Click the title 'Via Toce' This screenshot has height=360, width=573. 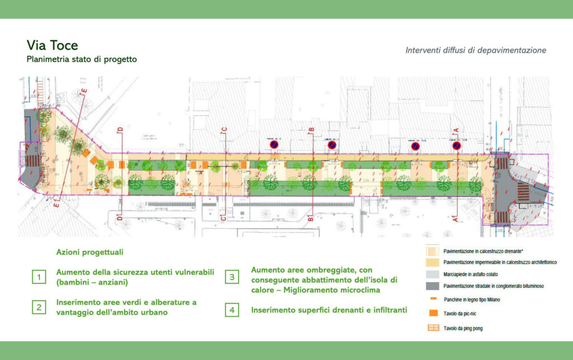(52, 45)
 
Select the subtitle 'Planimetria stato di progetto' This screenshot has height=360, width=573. (81, 59)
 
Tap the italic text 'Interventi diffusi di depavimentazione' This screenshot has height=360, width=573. (476, 50)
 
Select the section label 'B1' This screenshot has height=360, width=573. (311, 219)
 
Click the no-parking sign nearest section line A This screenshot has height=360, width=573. (457, 146)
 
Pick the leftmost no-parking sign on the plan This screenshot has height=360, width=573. (274, 145)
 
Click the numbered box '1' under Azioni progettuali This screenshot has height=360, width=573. (39, 277)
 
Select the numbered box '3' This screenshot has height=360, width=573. (232, 277)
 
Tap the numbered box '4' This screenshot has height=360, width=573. (232, 309)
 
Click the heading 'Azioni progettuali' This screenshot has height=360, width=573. (90, 253)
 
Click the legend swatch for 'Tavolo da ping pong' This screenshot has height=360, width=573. (431, 328)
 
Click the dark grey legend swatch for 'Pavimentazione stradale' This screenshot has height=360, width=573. (431, 286)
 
